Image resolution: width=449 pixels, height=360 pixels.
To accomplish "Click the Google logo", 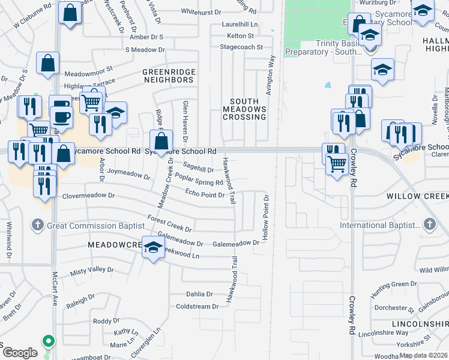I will pyautogui.click(x=20, y=353).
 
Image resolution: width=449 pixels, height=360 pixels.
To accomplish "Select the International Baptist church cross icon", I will pyautogui.click(x=429, y=225).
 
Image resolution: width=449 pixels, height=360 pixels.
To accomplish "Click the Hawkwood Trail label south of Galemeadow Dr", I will pyautogui.click(x=230, y=279).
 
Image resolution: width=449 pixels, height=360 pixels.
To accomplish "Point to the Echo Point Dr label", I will pyautogui.click(x=205, y=193).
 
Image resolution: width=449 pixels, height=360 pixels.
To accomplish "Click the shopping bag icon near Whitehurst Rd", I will pyautogui.click(x=70, y=13).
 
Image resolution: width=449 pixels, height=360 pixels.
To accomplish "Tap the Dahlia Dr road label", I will pyautogui.click(x=200, y=294).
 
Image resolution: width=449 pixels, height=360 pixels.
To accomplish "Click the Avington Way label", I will pyautogui.click(x=271, y=73).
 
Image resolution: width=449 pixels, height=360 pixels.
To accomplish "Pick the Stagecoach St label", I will pyautogui.click(x=241, y=47).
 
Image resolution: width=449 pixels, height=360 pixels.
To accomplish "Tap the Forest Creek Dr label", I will pyautogui.click(x=170, y=224).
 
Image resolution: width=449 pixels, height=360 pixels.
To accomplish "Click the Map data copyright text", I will pyautogui.click(x=424, y=355).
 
